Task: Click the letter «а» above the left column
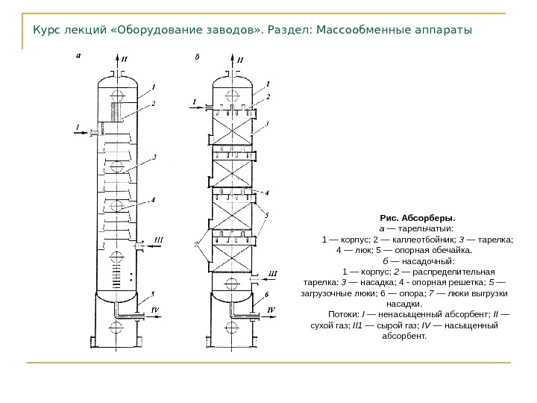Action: click(x=81, y=54)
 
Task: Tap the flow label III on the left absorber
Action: click(x=158, y=240)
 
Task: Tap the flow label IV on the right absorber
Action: click(x=271, y=309)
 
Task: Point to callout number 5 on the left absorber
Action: click(x=152, y=294)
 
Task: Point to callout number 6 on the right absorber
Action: click(x=267, y=295)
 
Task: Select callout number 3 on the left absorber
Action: click(x=154, y=157)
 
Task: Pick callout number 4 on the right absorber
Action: click(x=267, y=192)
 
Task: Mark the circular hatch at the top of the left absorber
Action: click(x=116, y=96)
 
